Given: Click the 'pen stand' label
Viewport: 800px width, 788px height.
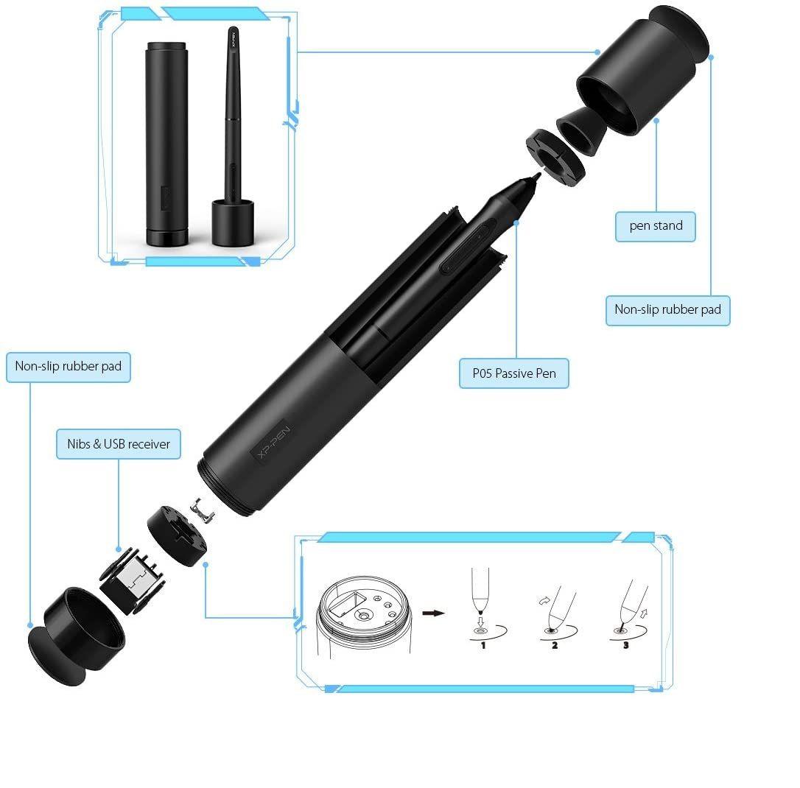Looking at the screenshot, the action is pyautogui.click(x=656, y=225).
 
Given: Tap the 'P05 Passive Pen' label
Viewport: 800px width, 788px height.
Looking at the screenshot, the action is pyautogui.click(x=513, y=373).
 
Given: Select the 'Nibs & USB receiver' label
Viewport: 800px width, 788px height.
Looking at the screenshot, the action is pyautogui.click(x=119, y=444).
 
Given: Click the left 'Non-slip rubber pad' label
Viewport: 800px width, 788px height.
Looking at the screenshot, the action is pyautogui.click(x=69, y=366).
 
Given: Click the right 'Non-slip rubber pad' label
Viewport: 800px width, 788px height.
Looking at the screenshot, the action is pyautogui.click(x=668, y=309).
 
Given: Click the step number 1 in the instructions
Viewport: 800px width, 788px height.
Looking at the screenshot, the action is pyautogui.click(x=483, y=645).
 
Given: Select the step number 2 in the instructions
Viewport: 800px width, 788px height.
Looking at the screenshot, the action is pyautogui.click(x=555, y=645).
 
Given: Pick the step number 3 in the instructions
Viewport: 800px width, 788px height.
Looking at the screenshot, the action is pyautogui.click(x=626, y=645).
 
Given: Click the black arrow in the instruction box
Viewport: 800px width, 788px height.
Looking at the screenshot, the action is pyautogui.click(x=434, y=613).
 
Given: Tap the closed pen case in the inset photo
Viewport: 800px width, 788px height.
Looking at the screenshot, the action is pyautogui.click(x=166, y=144).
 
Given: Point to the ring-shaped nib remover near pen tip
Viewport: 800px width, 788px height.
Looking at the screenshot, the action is pyautogui.click(x=555, y=157).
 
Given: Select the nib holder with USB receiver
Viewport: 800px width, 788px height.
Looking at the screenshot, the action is pyautogui.click(x=133, y=581).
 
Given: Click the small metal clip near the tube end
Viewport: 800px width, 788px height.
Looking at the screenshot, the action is pyautogui.click(x=202, y=510).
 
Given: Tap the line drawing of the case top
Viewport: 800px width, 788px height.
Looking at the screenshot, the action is pyautogui.click(x=364, y=617).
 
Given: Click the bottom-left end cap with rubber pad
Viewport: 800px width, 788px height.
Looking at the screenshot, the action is pyautogui.click(x=76, y=636).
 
